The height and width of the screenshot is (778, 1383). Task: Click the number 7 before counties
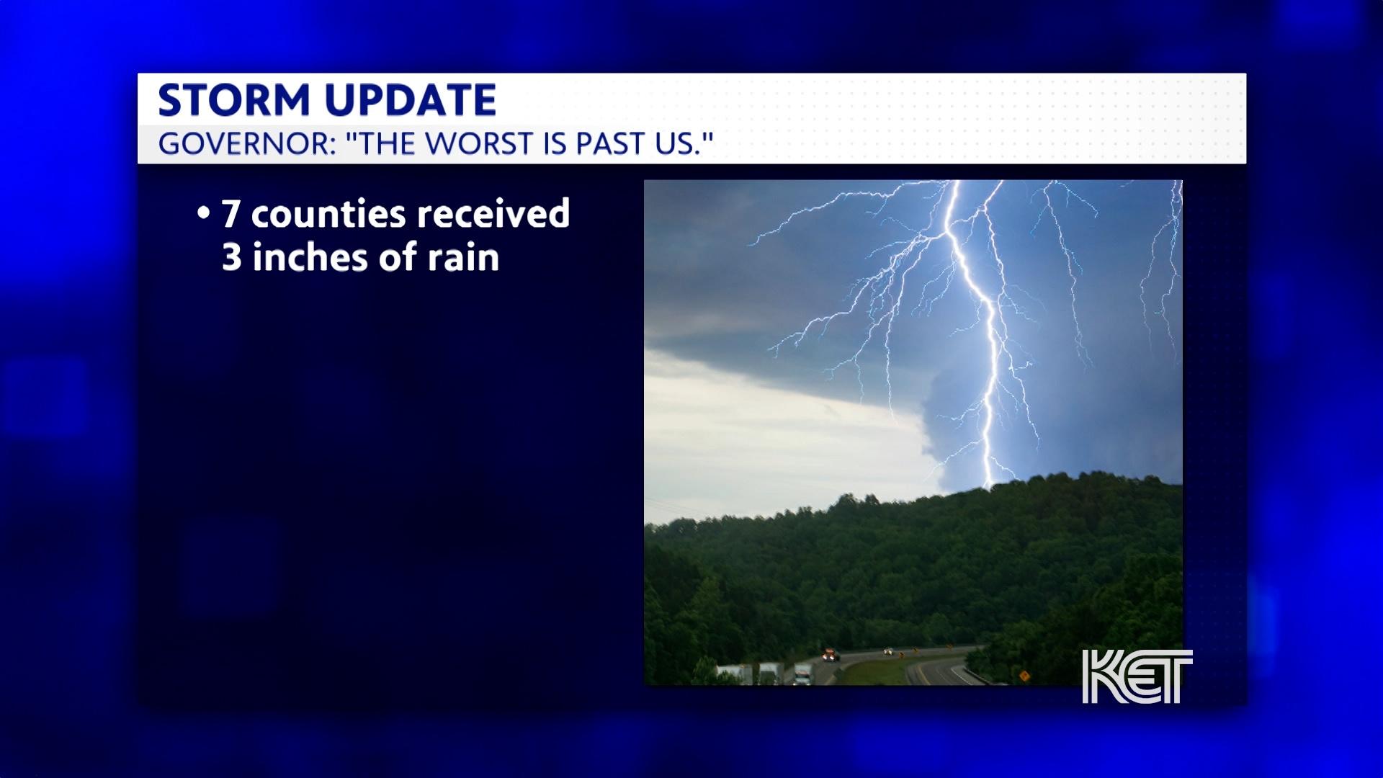230,214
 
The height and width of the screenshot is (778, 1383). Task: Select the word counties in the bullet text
328,214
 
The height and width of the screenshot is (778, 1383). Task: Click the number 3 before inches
231,257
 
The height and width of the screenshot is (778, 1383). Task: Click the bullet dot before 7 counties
204,214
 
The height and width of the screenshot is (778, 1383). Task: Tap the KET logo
1137,676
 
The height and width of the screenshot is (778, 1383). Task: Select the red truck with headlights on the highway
831,656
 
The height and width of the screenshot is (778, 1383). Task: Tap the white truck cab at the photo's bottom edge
803,675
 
